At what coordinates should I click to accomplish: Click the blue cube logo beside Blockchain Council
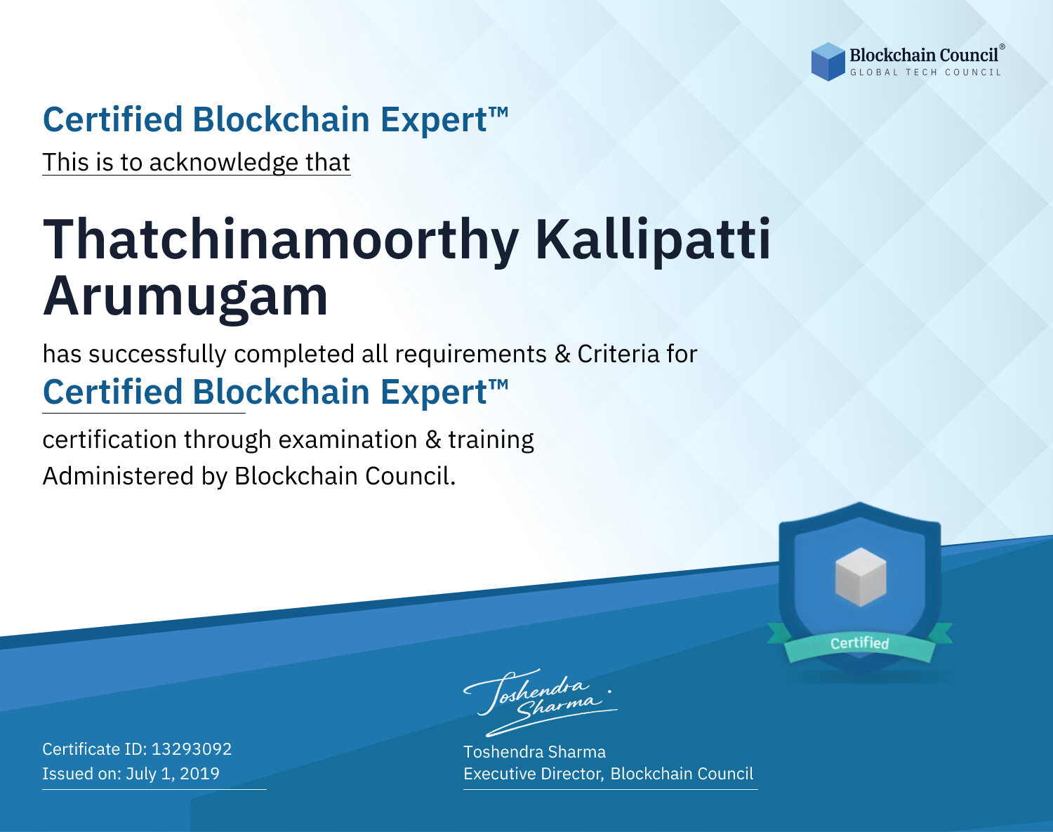point(828,62)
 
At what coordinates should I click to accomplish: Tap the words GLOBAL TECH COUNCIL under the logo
point(926,72)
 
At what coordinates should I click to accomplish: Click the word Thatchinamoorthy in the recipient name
point(280,240)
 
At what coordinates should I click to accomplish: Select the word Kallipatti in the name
point(654,240)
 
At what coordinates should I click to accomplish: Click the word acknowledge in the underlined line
point(223,162)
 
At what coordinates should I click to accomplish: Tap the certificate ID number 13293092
point(192,748)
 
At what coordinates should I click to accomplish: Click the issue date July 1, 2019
point(172,774)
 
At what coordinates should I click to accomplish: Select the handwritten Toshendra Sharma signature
point(541,702)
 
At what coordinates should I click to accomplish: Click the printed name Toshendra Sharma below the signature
point(534,752)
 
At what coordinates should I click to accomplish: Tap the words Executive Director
point(532,774)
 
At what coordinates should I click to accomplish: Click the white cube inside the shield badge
point(860,577)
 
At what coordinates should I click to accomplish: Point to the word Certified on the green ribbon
point(860,643)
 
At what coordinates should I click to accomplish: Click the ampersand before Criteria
point(562,354)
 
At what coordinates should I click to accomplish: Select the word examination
point(347,440)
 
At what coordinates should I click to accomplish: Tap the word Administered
point(118,476)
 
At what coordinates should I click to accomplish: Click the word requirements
point(470,355)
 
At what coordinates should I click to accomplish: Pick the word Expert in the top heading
point(434,120)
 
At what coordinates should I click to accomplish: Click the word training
point(491,440)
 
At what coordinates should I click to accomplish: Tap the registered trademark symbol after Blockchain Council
point(1002,46)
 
